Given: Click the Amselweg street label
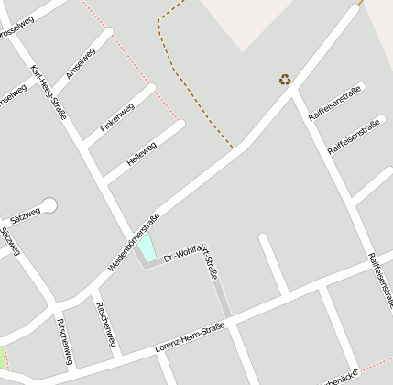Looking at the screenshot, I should point(80,62).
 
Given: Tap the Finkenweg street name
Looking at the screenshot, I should point(117,117).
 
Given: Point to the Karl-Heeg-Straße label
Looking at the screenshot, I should point(48,93).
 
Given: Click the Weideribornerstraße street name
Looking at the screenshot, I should point(134,242).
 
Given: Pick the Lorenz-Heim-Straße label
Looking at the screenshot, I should point(190,338).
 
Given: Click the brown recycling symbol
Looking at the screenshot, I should point(285,80).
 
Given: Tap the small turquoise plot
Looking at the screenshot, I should point(147,246).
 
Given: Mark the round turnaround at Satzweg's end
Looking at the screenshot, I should point(49,205).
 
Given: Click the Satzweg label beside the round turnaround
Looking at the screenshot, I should point(26,216).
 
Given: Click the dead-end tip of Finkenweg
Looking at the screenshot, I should point(152,89).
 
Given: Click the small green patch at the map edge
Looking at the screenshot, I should point(3,357).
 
